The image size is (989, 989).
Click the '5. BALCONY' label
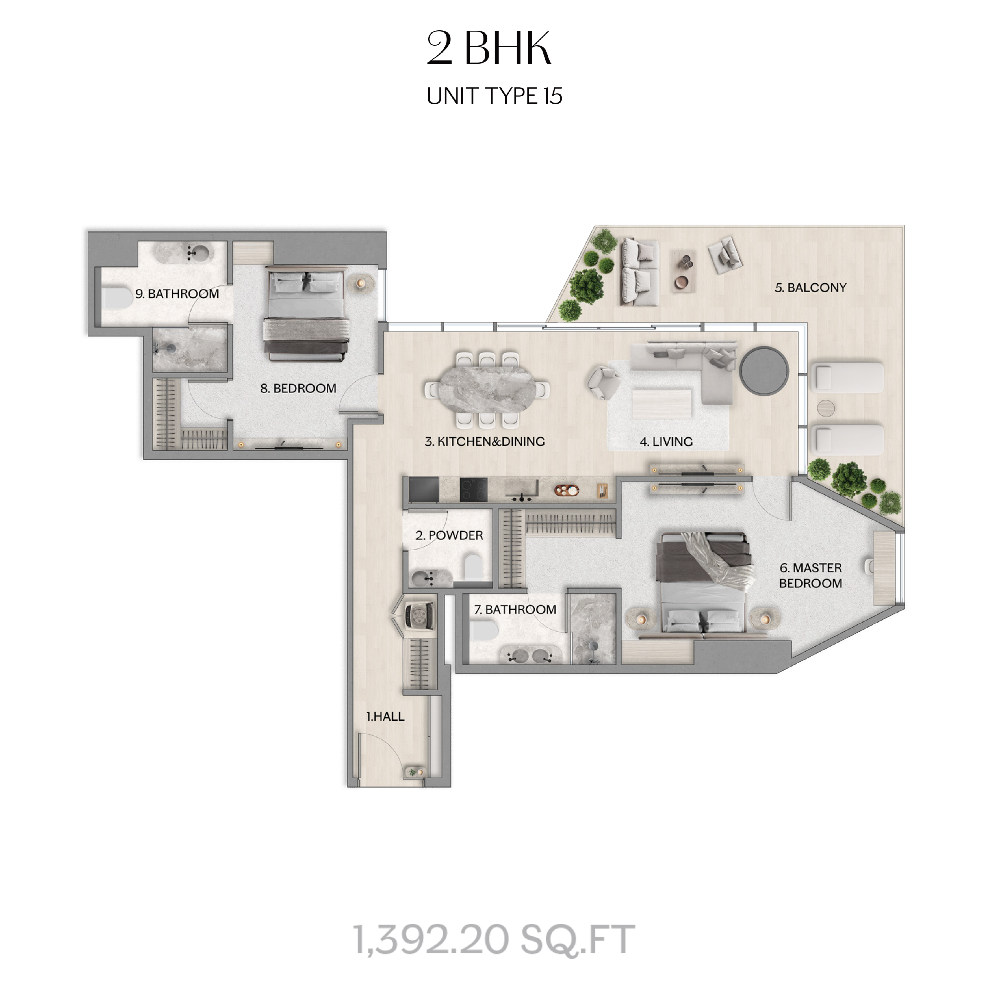(x=810, y=288)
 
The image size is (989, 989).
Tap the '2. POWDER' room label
(x=449, y=535)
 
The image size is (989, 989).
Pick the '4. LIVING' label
(x=666, y=441)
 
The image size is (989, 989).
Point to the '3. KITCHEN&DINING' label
(x=484, y=441)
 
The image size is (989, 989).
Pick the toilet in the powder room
(x=474, y=568)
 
